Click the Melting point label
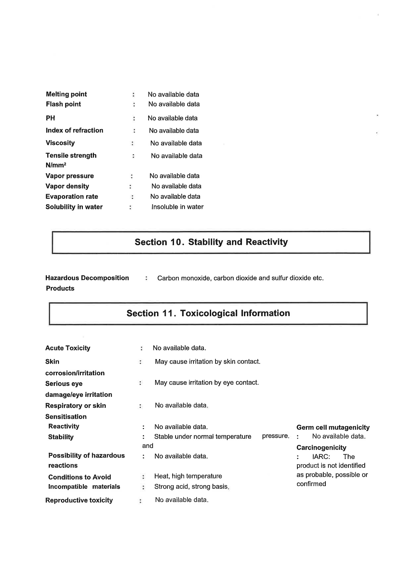66,94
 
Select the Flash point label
63,104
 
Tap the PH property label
50,118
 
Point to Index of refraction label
74,130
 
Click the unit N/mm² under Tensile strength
56,165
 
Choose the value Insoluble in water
177,207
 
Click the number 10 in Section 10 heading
175,242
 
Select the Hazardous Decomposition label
87,278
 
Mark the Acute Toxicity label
68,348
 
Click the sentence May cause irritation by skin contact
207,362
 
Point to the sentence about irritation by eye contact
206,383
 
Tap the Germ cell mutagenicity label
333,428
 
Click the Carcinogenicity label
321,448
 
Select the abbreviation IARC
321,457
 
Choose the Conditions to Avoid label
80,477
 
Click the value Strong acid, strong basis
192,487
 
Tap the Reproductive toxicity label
79,500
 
